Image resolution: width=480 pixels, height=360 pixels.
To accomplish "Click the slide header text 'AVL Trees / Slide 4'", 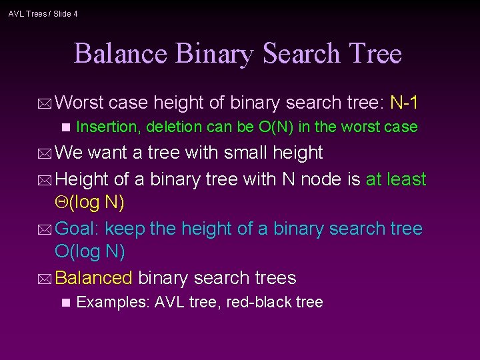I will (x=43, y=13).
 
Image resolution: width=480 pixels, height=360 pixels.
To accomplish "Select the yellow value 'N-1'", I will (x=404, y=103).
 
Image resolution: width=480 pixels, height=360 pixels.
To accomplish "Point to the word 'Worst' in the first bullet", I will (x=79, y=103).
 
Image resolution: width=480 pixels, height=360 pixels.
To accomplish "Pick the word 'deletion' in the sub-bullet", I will (x=173, y=127).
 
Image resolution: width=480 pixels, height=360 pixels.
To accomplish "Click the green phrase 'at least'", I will (x=396, y=179).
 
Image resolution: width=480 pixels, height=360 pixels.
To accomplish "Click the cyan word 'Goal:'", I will (x=77, y=229).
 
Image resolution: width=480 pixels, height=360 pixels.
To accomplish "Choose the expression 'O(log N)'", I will (x=89, y=251).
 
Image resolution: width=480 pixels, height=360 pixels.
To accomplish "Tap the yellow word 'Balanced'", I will (x=94, y=277).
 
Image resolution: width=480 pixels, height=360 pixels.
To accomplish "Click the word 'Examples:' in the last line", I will (x=113, y=302).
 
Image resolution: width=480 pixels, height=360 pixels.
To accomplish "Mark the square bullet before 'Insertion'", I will (x=65, y=127).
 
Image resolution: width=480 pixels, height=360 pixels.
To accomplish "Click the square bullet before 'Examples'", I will (x=65, y=303).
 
